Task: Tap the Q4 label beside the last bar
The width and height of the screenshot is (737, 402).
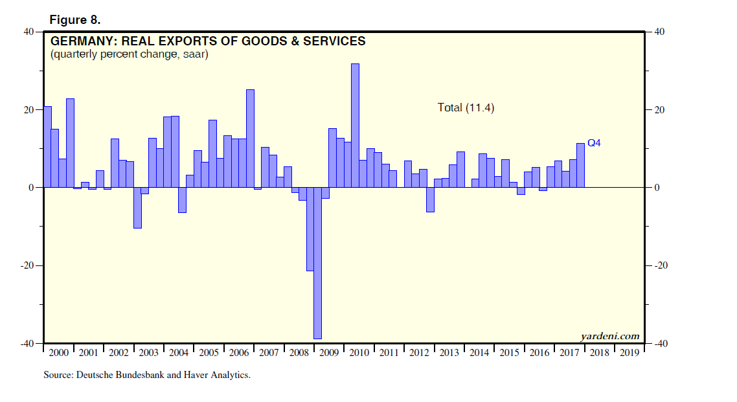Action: (x=594, y=143)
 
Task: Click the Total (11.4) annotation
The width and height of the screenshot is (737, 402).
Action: (x=466, y=107)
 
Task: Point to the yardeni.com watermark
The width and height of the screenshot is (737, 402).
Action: (x=610, y=336)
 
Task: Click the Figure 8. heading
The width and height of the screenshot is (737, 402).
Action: (x=75, y=20)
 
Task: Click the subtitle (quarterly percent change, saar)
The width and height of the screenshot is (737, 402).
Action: (x=129, y=54)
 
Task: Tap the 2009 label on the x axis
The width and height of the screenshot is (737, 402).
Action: (x=329, y=353)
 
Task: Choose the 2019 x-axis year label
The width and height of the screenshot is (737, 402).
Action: (x=629, y=353)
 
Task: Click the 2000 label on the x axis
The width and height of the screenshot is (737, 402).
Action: (x=58, y=353)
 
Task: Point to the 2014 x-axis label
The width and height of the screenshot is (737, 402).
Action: (x=479, y=353)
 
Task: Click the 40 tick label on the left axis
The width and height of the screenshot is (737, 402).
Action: (x=29, y=32)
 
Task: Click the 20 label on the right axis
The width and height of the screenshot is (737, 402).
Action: (x=660, y=110)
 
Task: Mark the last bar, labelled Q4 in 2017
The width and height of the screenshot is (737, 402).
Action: (x=580, y=165)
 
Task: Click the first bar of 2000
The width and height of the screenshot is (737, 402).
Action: (x=47, y=147)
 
